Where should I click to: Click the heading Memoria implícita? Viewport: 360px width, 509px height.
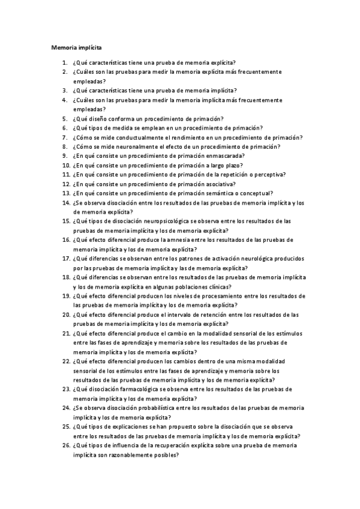pyautogui.click(x=76, y=46)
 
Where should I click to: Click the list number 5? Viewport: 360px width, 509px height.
pyautogui.click(x=65, y=118)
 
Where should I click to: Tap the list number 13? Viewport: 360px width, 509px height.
pyautogui.click(x=65, y=193)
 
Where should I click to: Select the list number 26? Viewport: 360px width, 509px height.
pyautogui.click(x=65, y=445)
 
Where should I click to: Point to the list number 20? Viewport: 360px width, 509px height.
pyautogui.click(x=65, y=315)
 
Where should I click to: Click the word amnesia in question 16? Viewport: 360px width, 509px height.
pyautogui.click(x=172, y=239)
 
